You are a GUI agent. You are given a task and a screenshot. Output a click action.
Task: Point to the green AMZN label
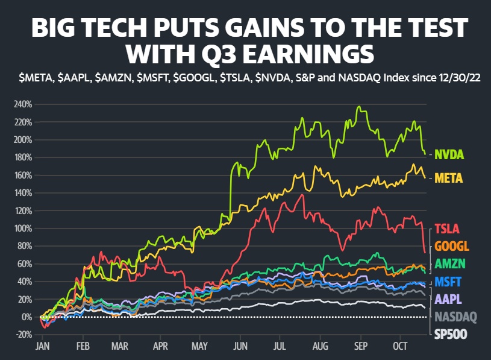(449, 264)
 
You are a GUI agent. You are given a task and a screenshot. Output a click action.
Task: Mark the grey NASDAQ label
(455, 316)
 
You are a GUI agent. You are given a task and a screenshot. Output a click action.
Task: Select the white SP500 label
(449, 334)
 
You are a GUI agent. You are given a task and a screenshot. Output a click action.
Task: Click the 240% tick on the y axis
(24, 104)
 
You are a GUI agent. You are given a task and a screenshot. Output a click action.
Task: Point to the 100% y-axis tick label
(24, 229)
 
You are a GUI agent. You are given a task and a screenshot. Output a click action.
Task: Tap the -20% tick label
(24, 335)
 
